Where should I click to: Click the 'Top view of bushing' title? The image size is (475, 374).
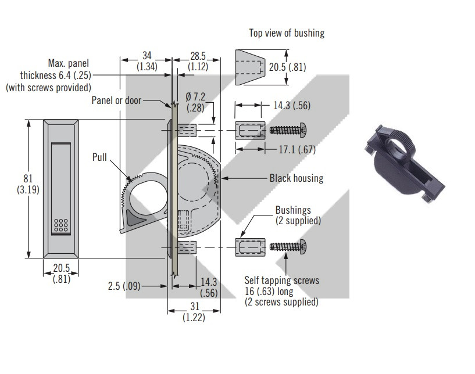(287, 33)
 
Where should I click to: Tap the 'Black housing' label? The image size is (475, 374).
(297, 178)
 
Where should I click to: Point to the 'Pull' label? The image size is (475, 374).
(99, 157)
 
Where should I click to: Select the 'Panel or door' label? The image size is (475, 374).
(116, 100)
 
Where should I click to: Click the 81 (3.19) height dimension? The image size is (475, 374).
(28, 184)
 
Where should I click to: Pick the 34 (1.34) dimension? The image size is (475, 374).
(147, 61)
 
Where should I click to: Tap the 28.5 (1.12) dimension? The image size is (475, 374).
(198, 61)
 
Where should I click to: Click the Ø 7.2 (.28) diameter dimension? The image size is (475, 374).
(195, 102)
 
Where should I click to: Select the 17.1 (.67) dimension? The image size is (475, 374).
(297, 149)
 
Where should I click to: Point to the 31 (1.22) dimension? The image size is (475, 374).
(194, 312)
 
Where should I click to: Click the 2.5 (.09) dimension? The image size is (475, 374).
(124, 286)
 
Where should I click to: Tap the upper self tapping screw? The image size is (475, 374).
(288, 130)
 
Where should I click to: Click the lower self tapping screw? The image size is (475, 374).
(288, 247)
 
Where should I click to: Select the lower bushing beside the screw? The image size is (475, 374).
(250, 247)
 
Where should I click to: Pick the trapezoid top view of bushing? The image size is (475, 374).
(250, 67)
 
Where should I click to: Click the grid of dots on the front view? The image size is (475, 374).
(61, 225)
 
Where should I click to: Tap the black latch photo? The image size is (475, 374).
(405, 164)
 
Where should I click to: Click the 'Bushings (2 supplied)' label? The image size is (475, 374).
(298, 215)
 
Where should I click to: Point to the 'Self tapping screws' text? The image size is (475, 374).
(282, 280)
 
